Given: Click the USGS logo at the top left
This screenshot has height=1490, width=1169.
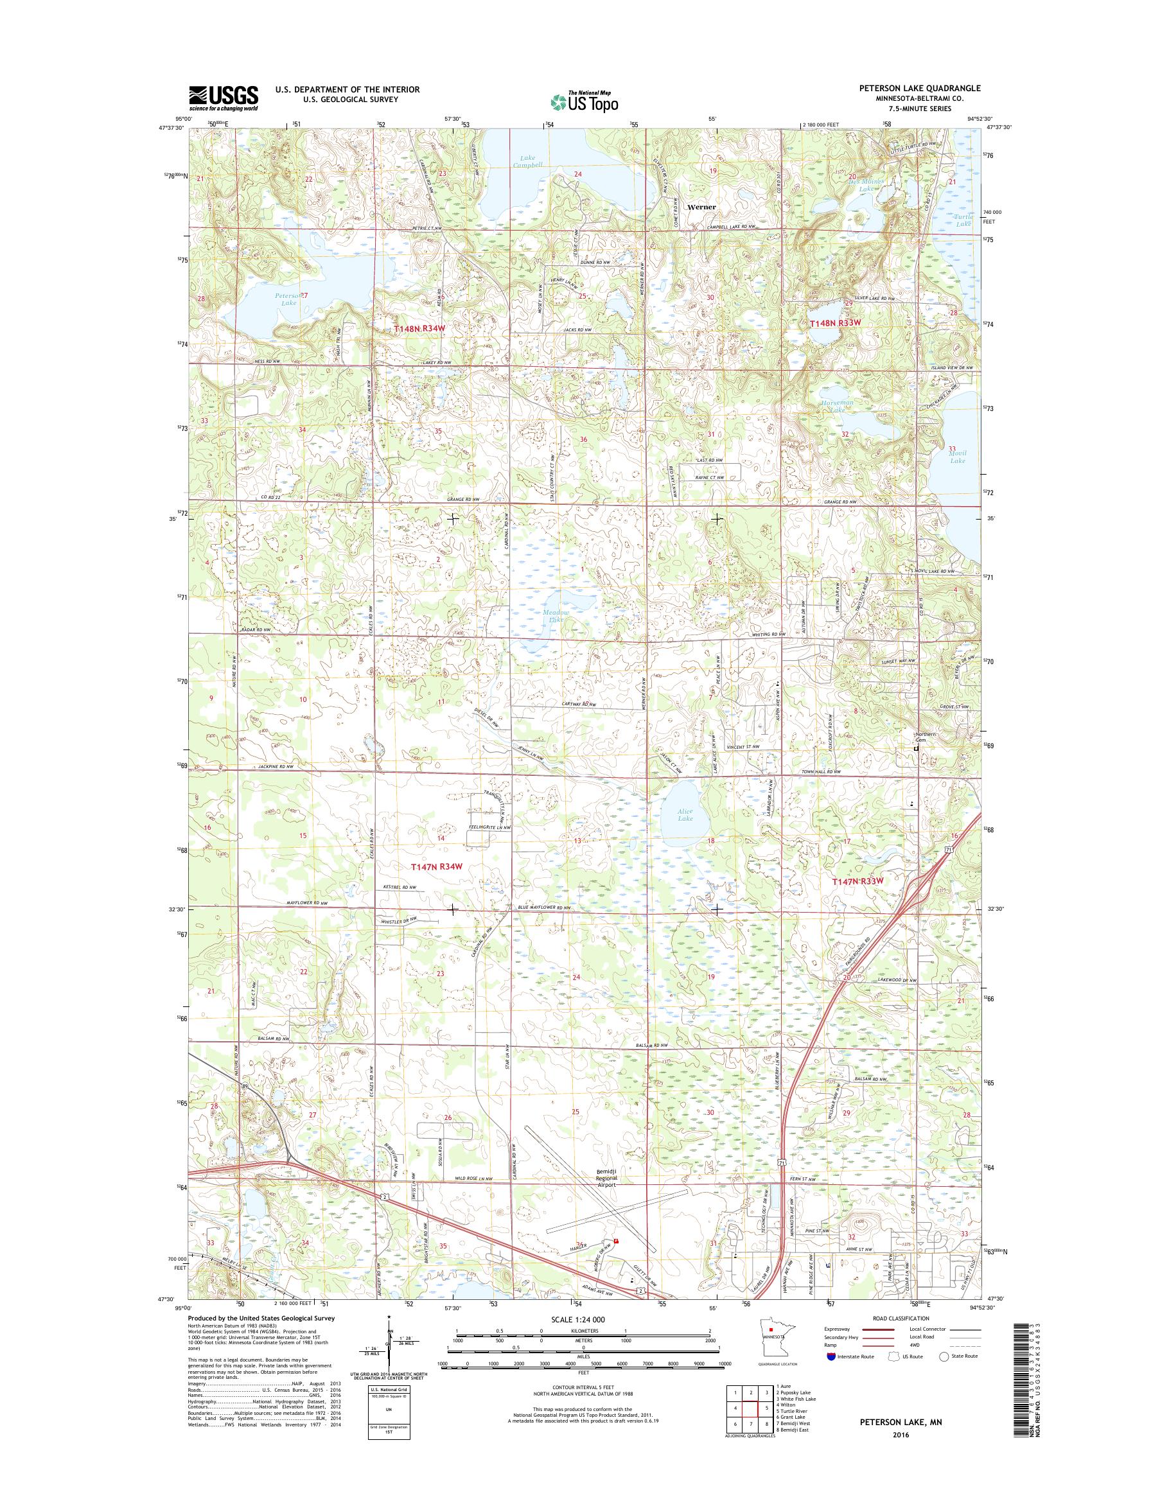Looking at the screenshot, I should (223, 98).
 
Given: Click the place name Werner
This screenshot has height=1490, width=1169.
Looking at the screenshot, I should (701, 207).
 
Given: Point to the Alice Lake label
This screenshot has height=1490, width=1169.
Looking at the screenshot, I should (685, 814).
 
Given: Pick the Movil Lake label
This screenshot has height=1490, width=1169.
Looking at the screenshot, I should (957, 457).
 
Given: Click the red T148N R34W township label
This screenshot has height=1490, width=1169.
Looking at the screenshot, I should (419, 329).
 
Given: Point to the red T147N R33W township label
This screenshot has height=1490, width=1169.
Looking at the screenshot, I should (863, 882).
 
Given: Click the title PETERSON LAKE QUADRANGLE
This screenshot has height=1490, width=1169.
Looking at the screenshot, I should (917, 88).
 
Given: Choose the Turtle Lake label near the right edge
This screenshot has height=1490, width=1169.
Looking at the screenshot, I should (963, 220).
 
